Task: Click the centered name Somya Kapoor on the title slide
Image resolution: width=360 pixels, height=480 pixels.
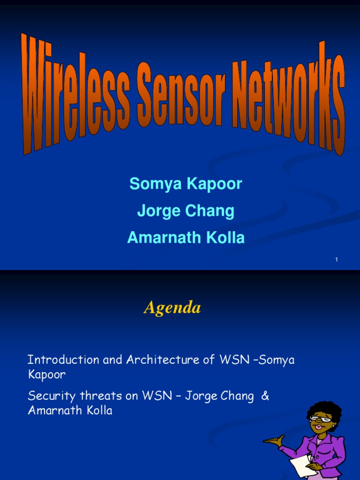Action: [x=186, y=184]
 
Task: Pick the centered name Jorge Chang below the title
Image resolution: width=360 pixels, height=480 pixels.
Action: [x=186, y=211]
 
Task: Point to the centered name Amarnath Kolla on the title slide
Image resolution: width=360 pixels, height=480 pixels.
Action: [x=186, y=238]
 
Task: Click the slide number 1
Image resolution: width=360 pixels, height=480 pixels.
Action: [x=337, y=260]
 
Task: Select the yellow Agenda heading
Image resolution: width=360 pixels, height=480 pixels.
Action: [x=172, y=307]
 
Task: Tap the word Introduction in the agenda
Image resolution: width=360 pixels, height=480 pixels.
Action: [x=57, y=360]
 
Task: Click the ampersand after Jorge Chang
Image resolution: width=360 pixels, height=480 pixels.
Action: [x=265, y=396]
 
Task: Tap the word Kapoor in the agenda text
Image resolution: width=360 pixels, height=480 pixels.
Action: [x=46, y=375]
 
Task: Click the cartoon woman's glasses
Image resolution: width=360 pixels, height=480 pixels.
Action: [x=320, y=419]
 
